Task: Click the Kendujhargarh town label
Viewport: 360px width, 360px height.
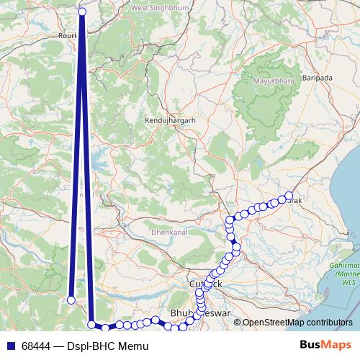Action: [x=170, y=121]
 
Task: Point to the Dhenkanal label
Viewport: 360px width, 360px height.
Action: [x=169, y=233]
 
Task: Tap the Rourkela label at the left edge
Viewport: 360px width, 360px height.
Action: [x=70, y=34]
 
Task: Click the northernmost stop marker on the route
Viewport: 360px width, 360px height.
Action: [x=82, y=12]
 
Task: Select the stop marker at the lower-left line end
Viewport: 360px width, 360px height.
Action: [x=71, y=300]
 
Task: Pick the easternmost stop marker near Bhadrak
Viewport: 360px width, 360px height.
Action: [x=289, y=196]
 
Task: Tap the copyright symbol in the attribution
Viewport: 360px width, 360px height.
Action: [x=238, y=323]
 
